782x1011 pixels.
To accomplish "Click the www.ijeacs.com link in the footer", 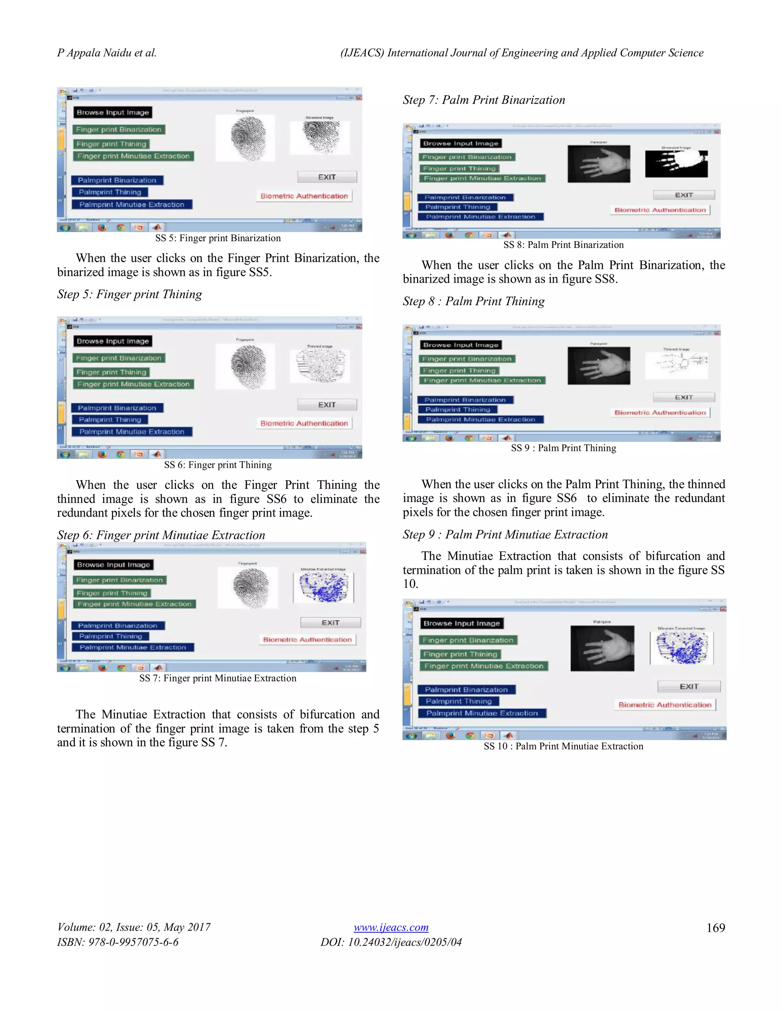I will [391, 927].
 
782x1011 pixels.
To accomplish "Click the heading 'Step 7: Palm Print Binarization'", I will [484, 100].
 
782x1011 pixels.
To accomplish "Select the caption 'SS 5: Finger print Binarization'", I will [218, 238].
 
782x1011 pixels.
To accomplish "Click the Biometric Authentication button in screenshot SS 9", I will [660, 412].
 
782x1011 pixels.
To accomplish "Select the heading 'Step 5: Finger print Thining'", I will [129, 295].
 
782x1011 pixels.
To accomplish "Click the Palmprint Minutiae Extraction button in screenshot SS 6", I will [132, 431].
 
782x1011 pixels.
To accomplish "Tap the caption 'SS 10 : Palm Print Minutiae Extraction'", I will [563, 746].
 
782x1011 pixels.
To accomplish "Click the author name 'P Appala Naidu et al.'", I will [107, 53].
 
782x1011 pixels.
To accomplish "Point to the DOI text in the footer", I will [391, 942].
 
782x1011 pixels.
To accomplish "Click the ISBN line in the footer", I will [118, 942].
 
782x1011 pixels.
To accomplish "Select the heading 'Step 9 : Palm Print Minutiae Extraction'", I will [505, 534].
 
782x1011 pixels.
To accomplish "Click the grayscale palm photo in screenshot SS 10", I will [602, 648].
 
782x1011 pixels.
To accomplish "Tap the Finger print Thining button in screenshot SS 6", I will [111, 372].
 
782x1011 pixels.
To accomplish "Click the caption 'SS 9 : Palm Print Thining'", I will [563, 448].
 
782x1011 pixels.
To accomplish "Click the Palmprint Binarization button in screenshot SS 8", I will [465, 197].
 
